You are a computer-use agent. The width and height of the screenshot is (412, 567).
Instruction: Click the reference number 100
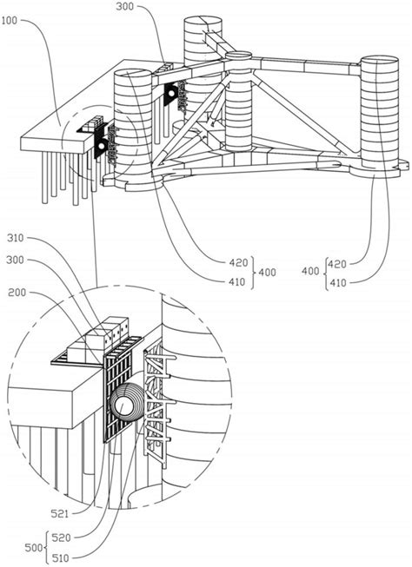10,21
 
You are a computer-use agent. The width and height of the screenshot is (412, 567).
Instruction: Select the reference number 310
15,238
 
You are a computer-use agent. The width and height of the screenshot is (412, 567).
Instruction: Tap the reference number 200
17,292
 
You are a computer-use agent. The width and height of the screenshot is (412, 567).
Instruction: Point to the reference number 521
59,513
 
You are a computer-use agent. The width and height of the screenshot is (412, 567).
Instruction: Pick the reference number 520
61,537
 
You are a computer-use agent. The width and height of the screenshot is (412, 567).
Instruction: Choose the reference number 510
61,558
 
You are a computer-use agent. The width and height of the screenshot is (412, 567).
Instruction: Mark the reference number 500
33,548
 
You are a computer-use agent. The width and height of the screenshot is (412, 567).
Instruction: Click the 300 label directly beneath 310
15,260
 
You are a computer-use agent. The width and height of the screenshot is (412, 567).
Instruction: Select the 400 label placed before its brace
310,271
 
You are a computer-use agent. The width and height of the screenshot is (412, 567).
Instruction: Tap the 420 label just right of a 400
337,264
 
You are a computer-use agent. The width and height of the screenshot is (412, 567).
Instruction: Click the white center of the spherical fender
123,405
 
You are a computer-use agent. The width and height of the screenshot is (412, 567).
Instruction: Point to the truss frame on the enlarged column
158,401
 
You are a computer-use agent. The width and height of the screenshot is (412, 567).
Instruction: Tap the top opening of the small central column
238,56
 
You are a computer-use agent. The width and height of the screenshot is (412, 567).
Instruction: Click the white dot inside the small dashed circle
102,145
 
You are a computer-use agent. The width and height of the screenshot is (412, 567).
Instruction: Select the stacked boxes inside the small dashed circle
93,123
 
